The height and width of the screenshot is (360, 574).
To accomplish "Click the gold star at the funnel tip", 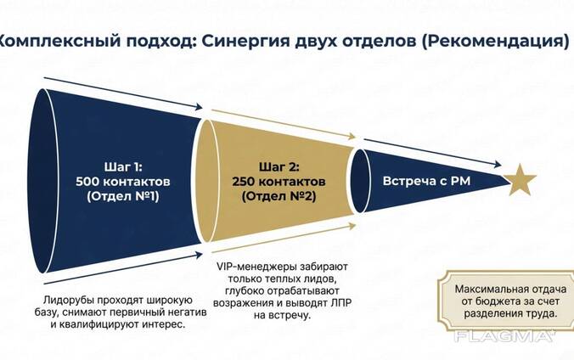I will tap(520, 179).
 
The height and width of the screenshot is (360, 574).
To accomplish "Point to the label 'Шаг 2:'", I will tap(273, 166).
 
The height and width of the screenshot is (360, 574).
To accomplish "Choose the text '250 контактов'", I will tap(273, 182).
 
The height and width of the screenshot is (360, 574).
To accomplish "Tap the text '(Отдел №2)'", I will tap(273, 197).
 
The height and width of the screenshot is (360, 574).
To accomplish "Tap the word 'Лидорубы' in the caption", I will tap(66, 301).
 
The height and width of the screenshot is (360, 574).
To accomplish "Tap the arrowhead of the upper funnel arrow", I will tap(200, 108).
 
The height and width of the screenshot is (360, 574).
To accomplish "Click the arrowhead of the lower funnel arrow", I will tap(200, 252).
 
